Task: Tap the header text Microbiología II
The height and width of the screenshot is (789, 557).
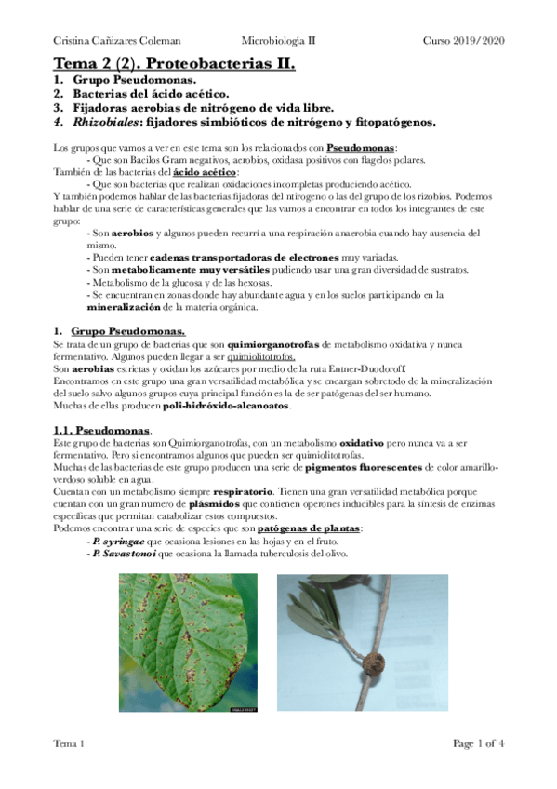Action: pyautogui.click(x=278, y=41)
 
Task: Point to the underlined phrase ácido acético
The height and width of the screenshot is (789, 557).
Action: pyautogui.click(x=205, y=172)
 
